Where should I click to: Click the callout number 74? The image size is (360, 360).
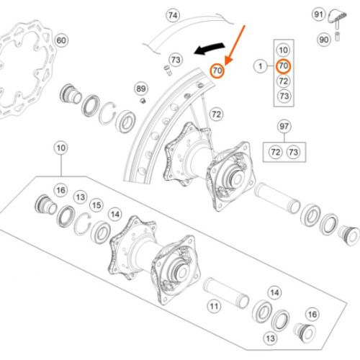[173, 15]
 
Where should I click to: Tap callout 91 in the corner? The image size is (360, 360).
[318, 14]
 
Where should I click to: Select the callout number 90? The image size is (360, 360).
[324, 40]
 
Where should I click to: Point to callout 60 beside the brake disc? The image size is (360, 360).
[61, 40]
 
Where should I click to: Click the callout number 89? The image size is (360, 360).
[141, 89]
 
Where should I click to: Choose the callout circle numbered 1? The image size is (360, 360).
[261, 66]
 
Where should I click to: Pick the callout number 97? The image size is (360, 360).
[284, 127]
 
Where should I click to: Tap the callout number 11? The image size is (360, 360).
[214, 306]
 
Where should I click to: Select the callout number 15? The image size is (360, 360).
[96, 205]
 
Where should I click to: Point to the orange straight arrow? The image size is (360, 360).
[235, 45]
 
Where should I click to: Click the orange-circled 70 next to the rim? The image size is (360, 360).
[217, 71]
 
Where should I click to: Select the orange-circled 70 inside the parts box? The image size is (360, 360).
[284, 66]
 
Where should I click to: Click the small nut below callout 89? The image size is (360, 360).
[143, 101]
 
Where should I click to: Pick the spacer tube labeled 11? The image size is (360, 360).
[226, 292]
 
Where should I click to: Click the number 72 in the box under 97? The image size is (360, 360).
[276, 152]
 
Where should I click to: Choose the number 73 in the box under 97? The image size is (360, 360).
[293, 152]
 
